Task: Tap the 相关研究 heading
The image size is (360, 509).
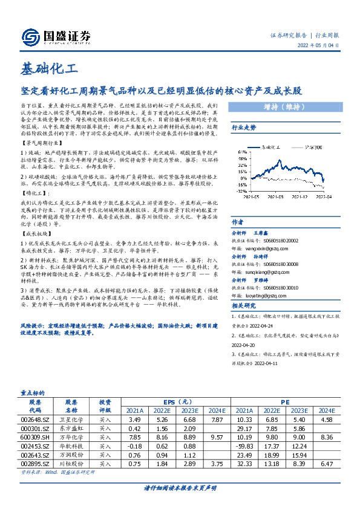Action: coord(244,290)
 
